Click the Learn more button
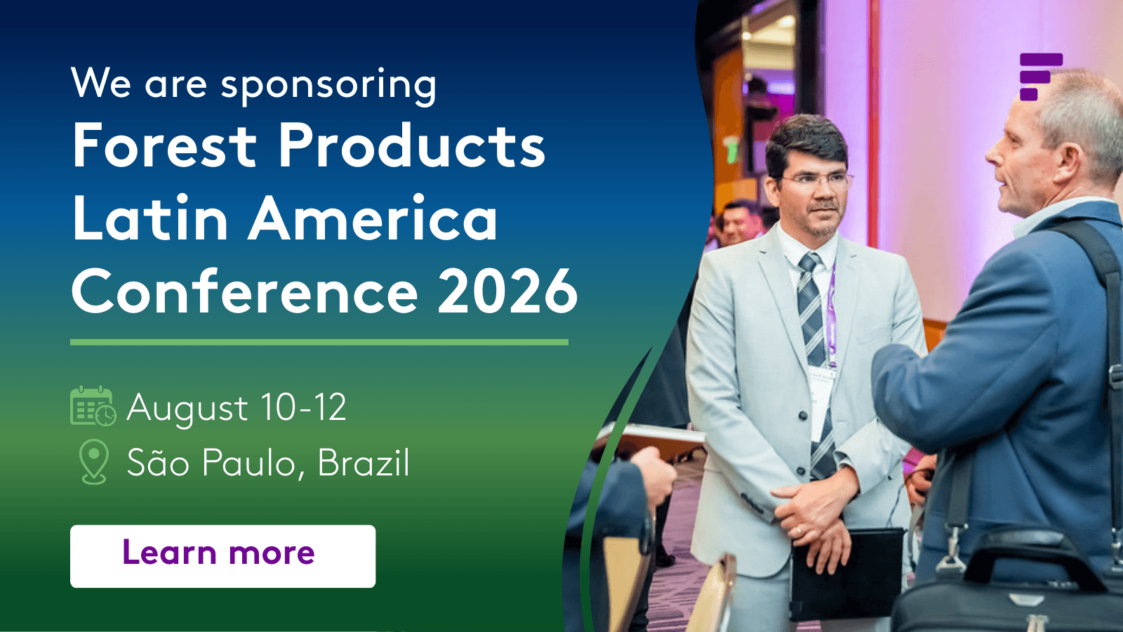point(222,555)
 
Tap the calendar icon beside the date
point(93,407)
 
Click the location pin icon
point(94,461)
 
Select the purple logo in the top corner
point(1041,77)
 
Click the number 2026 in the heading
point(508,291)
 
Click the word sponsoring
point(329,84)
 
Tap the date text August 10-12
point(237,408)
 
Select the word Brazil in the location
point(364,462)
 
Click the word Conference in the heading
point(245,291)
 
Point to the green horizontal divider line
point(319,342)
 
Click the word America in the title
point(373,219)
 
